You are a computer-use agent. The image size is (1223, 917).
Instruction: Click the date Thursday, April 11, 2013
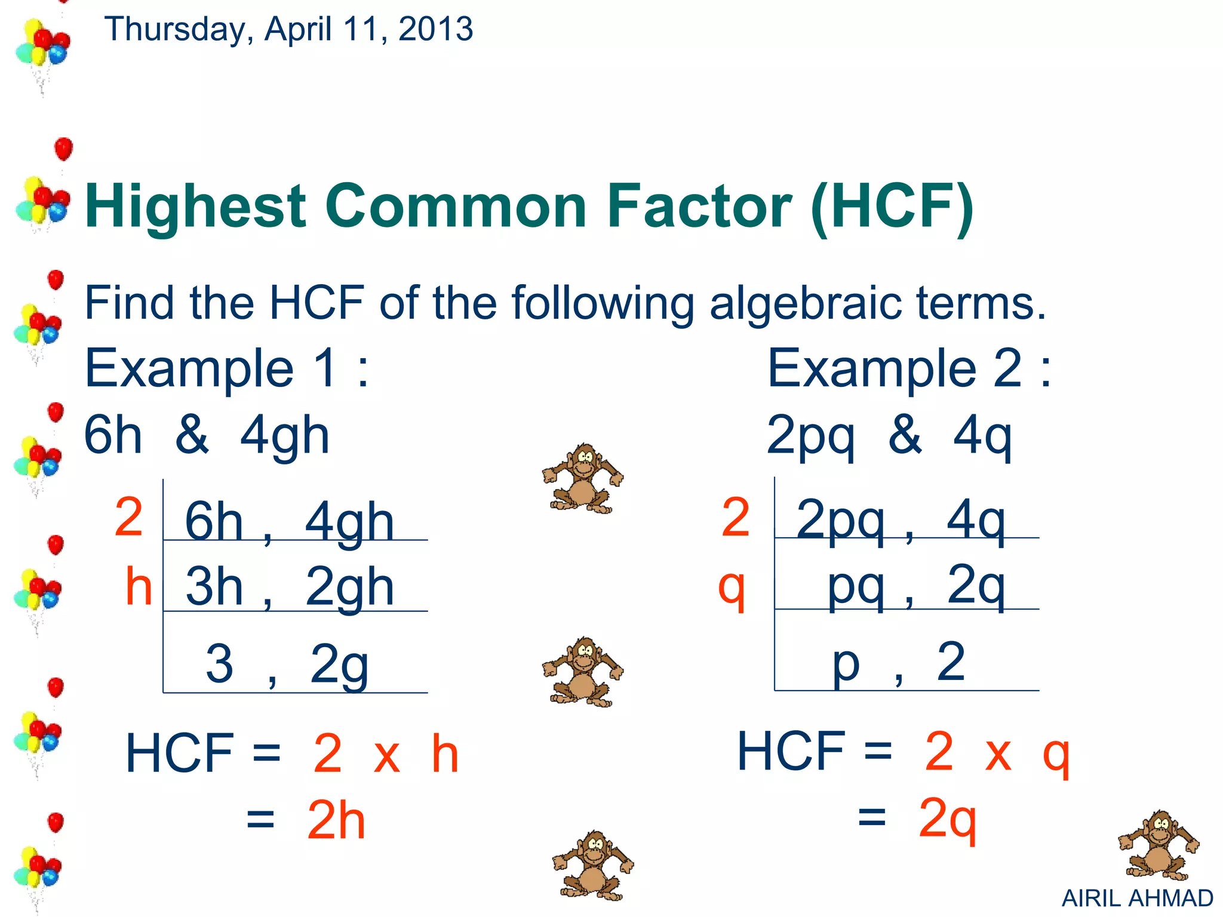(x=288, y=29)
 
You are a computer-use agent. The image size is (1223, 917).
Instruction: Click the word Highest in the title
(x=196, y=206)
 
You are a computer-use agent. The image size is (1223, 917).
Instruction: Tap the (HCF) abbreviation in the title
(x=892, y=206)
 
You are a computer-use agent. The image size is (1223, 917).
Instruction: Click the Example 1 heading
(x=227, y=369)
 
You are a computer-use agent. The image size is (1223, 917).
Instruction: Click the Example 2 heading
(x=909, y=369)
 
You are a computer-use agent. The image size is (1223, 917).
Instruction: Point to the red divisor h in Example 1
(x=139, y=587)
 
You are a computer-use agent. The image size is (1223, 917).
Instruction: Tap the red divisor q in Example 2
(x=732, y=588)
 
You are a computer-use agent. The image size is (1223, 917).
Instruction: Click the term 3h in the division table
(x=214, y=587)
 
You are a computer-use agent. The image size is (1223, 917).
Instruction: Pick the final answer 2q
(x=947, y=820)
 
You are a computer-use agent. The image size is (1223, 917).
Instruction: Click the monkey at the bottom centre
(x=592, y=866)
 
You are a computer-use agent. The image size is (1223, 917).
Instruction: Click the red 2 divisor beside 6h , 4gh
(x=129, y=517)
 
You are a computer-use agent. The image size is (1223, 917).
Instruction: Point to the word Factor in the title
(x=699, y=206)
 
